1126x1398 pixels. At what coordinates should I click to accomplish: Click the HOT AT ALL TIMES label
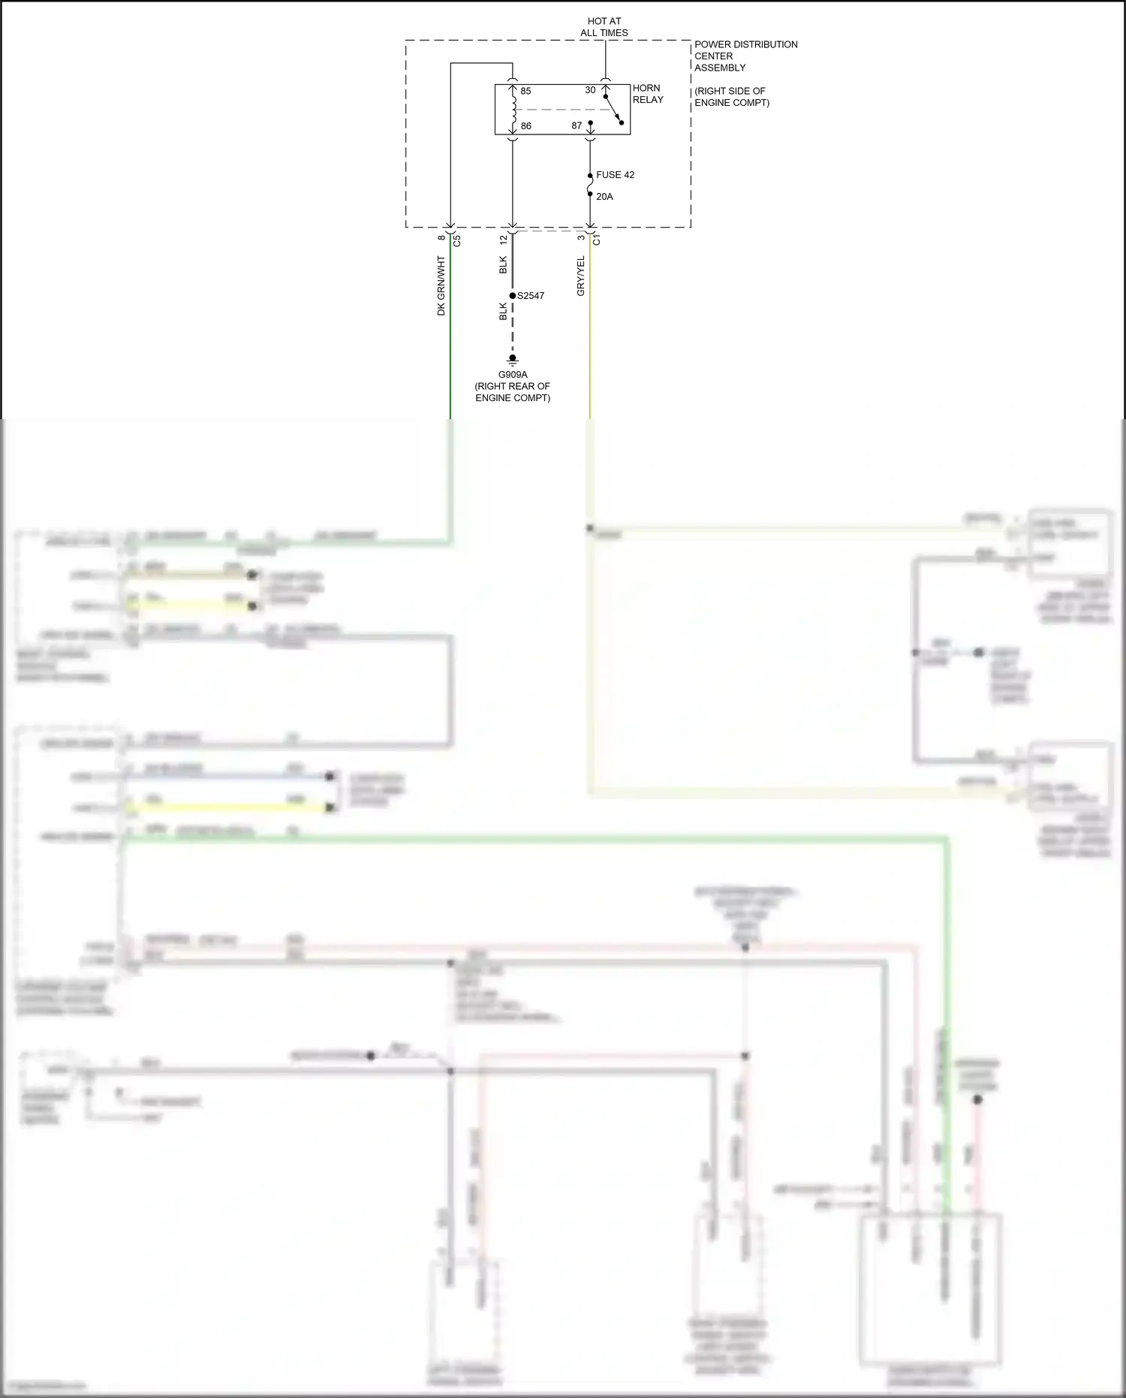604,27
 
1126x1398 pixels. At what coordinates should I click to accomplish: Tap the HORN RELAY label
648,94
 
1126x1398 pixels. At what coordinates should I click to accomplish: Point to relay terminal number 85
525,91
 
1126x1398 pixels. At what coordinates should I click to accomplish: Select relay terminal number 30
590,90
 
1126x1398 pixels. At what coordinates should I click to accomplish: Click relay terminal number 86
525,125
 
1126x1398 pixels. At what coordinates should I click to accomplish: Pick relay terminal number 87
577,125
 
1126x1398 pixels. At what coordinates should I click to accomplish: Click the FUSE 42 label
615,175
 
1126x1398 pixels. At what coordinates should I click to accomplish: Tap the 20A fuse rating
604,197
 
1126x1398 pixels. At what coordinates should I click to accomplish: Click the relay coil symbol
513,109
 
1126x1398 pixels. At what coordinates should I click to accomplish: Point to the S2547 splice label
531,296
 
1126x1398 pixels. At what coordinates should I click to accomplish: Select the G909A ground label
513,374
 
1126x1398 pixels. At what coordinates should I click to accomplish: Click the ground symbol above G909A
513,360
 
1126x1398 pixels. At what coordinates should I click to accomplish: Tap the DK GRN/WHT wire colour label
441,285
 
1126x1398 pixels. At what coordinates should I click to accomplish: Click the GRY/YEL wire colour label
581,276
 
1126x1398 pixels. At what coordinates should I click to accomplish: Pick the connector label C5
457,241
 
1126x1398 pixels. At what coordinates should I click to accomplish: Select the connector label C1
597,240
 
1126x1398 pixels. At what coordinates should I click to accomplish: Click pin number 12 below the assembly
504,239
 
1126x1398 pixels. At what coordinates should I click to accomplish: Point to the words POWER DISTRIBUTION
745,44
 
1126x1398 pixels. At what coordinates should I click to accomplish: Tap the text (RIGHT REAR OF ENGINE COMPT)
513,392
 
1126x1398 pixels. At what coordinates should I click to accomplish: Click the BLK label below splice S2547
504,312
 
